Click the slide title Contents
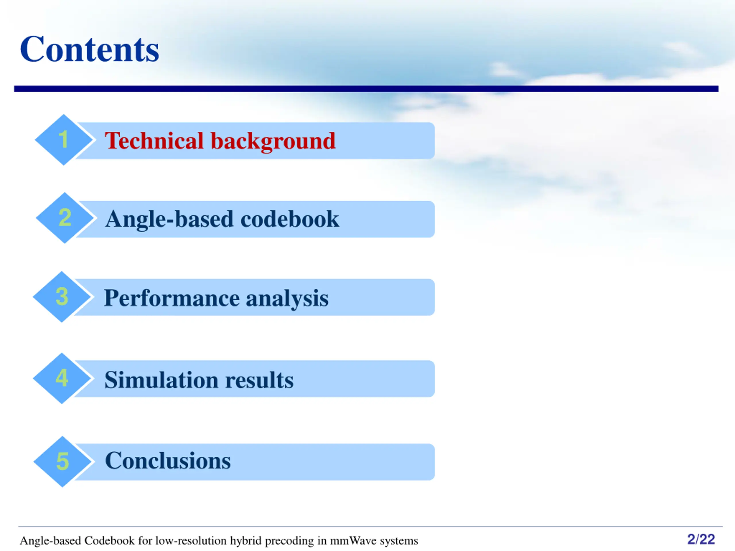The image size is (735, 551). pyautogui.click(x=89, y=49)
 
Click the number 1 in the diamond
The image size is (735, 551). pyautogui.click(x=63, y=139)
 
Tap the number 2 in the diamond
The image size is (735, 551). pyautogui.click(x=65, y=218)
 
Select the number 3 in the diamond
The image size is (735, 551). pyautogui.click(x=62, y=296)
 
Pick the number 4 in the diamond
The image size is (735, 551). pyautogui.click(x=62, y=378)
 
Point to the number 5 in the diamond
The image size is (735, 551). pyautogui.click(x=63, y=461)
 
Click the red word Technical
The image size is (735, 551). pyautogui.click(x=154, y=141)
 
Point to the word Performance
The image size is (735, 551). pyautogui.click(x=172, y=298)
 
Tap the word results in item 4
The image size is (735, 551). pyautogui.click(x=259, y=380)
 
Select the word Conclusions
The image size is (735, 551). pyautogui.click(x=168, y=461)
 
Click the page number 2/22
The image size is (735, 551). pyautogui.click(x=701, y=539)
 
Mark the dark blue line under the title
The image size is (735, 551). pyautogui.click(x=366, y=89)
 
